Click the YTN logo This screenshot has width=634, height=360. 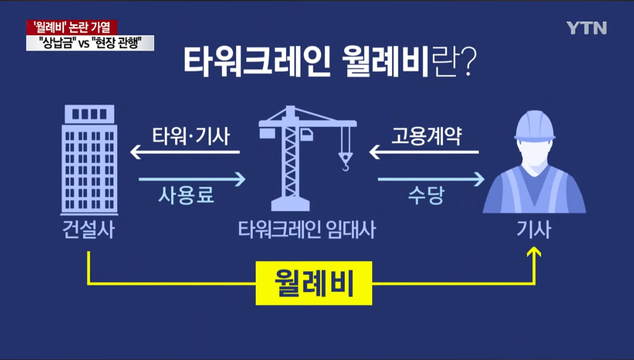(586, 27)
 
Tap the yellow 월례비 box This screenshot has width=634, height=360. (314, 283)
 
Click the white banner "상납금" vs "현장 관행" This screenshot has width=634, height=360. (90, 43)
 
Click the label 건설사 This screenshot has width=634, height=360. (89, 230)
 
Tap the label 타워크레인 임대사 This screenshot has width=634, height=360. (307, 230)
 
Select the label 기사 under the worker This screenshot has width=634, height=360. (534, 230)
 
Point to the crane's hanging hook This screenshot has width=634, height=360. (346, 161)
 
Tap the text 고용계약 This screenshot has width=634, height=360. (426, 137)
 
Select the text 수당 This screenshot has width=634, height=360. (426, 195)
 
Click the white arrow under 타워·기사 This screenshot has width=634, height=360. (185, 153)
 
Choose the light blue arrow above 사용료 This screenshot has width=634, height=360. (192, 179)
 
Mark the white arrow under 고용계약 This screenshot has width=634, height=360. (423, 153)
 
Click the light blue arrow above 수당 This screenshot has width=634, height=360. (431, 179)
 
